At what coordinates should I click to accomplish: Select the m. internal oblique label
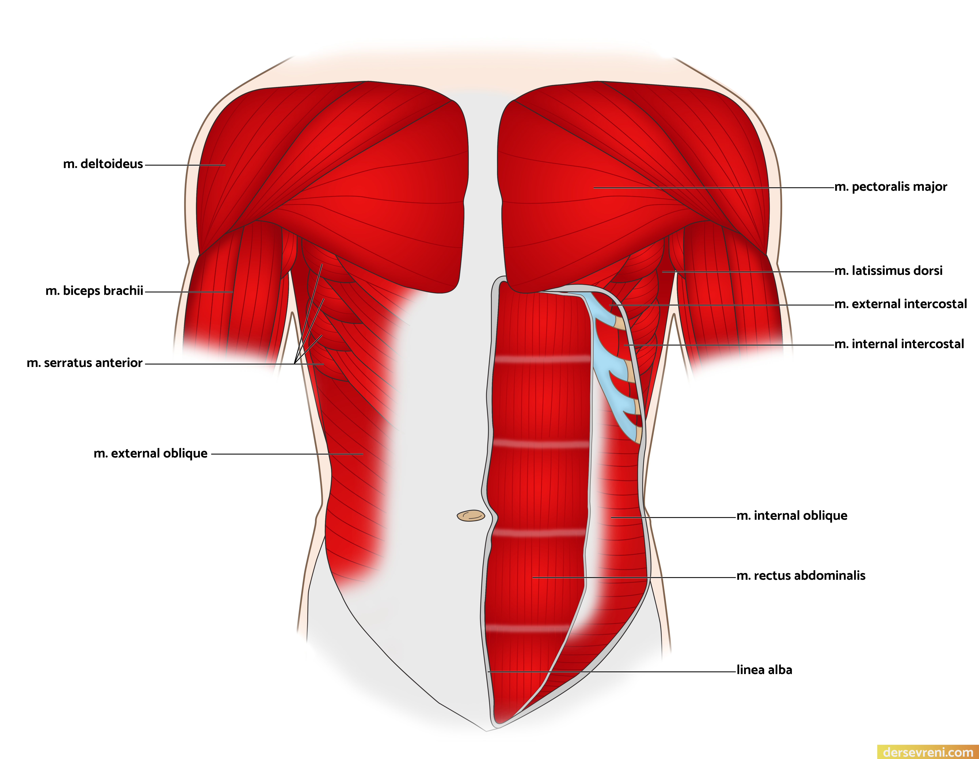click(792, 516)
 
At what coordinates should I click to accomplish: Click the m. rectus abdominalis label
click(801, 576)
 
